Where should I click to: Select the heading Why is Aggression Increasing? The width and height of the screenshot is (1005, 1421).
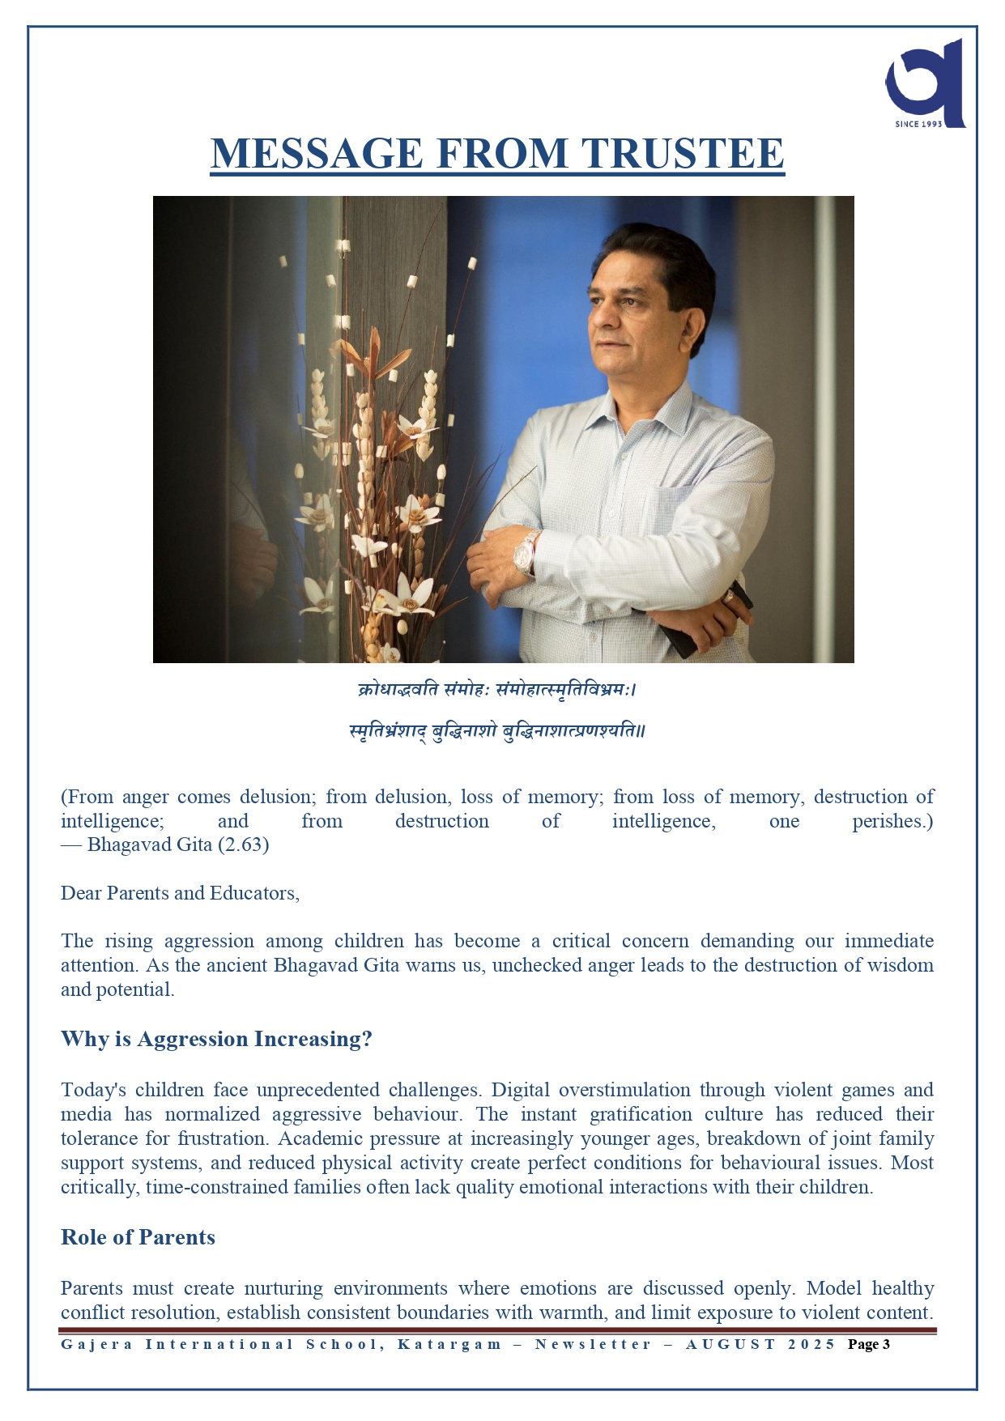tap(216, 1039)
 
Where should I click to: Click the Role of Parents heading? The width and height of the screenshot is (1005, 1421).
tap(138, 1237)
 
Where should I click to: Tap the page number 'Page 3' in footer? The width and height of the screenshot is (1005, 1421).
tap(868, 1344)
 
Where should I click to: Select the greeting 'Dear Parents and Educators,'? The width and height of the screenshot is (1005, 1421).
tap(180, 893)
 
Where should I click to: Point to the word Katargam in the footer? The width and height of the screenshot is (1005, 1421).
tap(449, 1344)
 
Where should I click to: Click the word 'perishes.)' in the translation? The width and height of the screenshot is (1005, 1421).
tap(892, 821)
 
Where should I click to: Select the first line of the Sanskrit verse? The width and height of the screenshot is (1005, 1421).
tap(497, 690)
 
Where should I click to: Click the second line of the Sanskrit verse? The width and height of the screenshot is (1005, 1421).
tap(497, 731)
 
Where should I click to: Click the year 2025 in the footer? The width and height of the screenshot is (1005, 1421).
tap(811, 1344)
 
